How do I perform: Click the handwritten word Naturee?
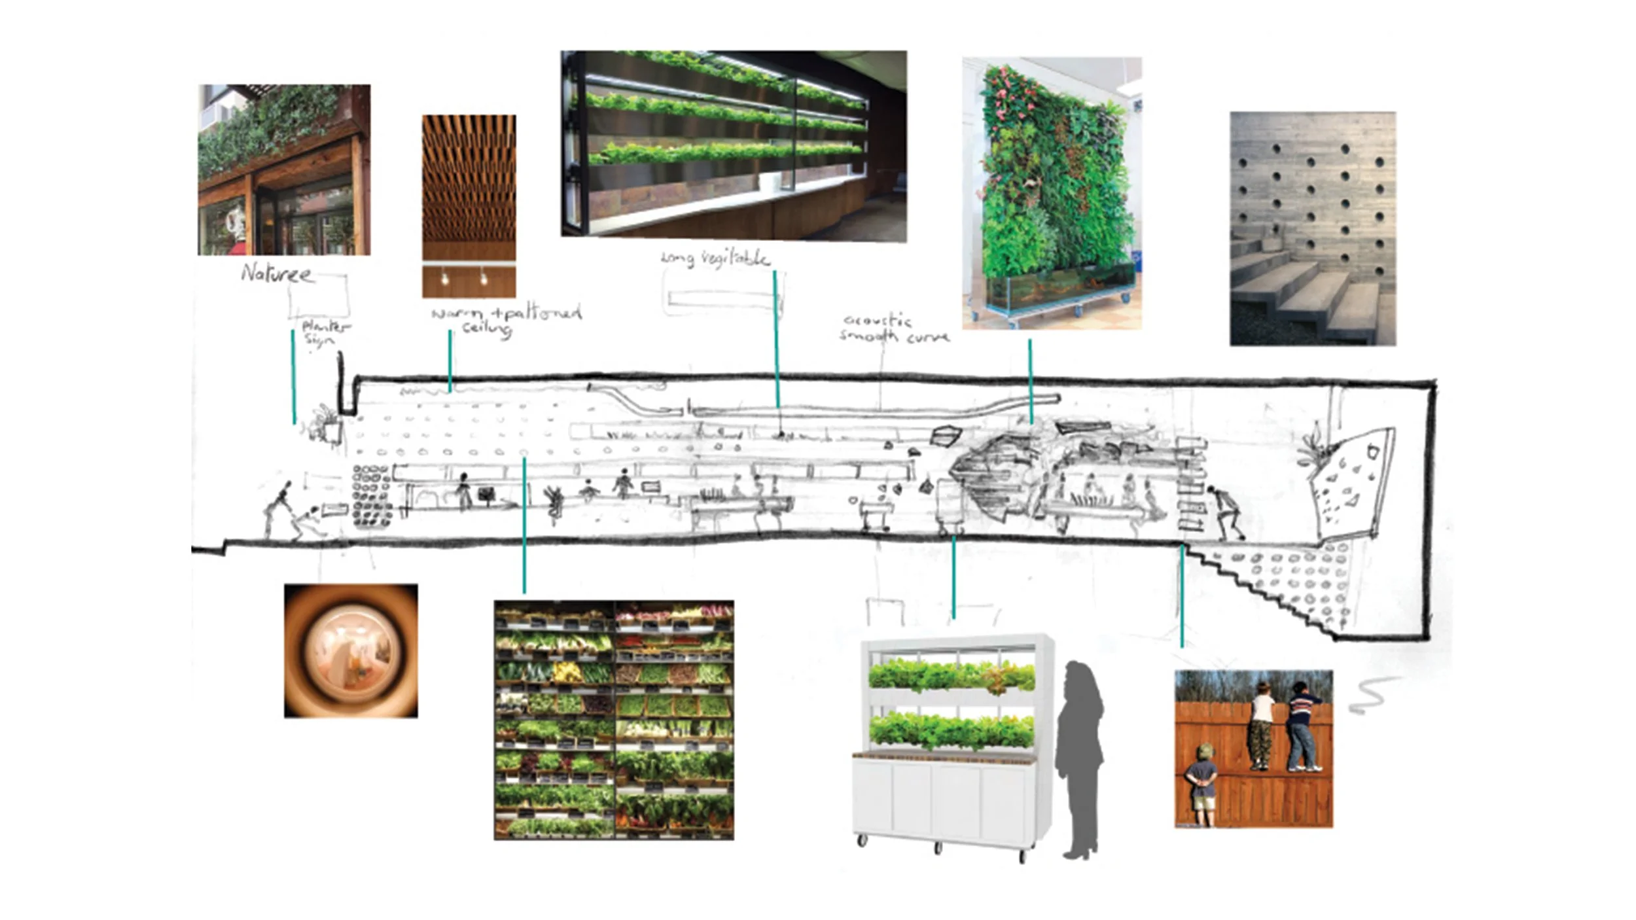(x=276, y=273)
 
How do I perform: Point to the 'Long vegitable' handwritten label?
(x=715, y=258)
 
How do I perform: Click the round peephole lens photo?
(x=351, y=650)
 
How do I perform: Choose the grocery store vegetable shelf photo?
(x=613, y=720)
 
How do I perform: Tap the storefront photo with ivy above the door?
(x=284, y=169)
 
